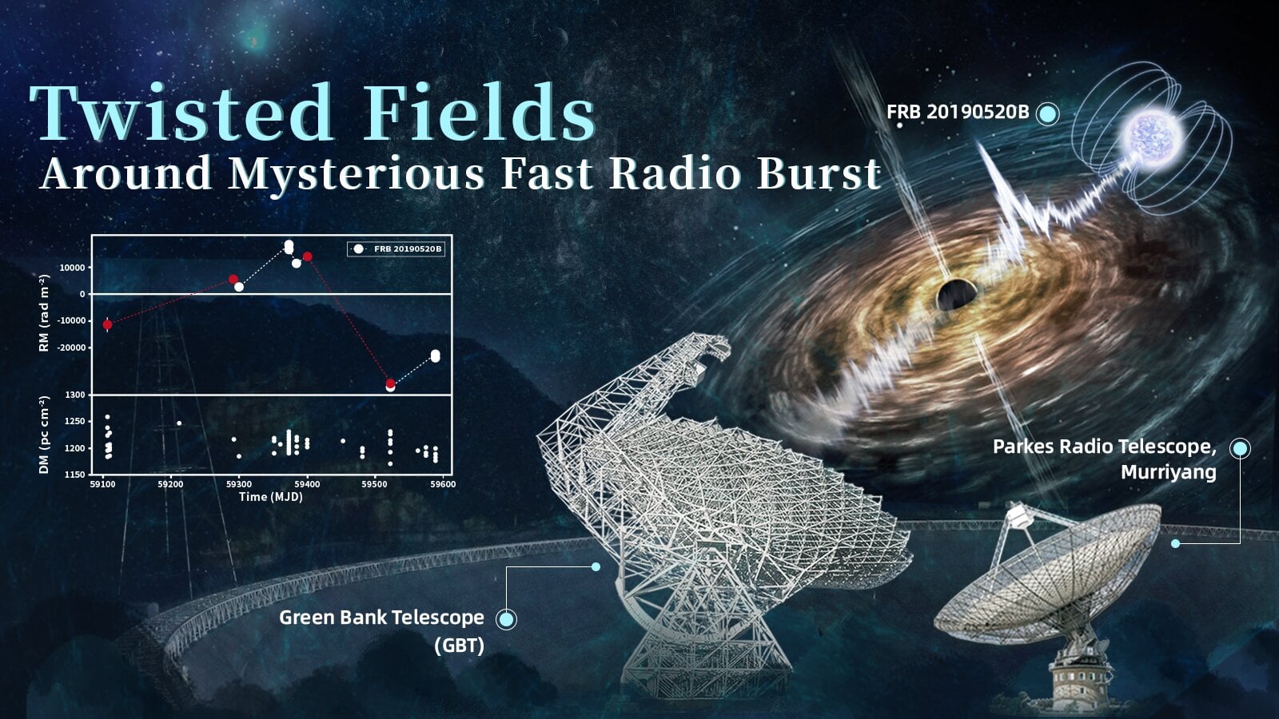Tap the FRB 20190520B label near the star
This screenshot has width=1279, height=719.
point(957,112)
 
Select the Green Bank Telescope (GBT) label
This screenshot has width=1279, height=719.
point(381,629)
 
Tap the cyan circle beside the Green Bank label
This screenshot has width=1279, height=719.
point(506,619)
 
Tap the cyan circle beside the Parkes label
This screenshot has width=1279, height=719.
point(1240,448)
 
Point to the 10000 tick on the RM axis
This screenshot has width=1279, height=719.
point(71,268)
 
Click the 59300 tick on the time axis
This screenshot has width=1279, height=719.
point(238,484)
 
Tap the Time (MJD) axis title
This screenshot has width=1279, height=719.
point(270,497)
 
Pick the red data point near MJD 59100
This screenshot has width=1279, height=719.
point(108,324)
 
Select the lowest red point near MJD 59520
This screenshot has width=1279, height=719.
point(390,383)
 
